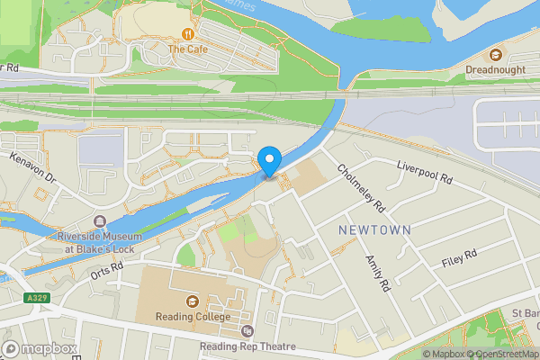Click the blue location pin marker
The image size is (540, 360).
pyautogui.click(x=269, y=161)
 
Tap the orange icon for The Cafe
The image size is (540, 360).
pyautogui.click(x=188, y=34)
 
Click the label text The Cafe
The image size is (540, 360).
pyautogui.click(x=188, y=49)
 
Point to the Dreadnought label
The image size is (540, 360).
pyautogui.click(x=495, y=69)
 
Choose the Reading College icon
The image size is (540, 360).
pyautogui.click(x=192, y=301)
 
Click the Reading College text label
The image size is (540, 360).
pyautogui.click(x=192, y=317)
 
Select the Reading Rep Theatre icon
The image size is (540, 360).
pyautogui.click(x=247, y=331)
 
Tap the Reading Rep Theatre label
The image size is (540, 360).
pyautogui.click(x=247, y=346)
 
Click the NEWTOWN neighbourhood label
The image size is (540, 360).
pyautogui.click(x=374, y=230)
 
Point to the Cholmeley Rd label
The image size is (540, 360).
pyautogui.click(x=361, y=187)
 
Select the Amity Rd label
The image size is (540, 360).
pyautogui.click(x=376, y=273)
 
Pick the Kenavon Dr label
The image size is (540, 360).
pyautogui.click(x=33, y=167)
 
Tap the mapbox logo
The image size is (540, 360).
pyautogui.click(x=37, y=347)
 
